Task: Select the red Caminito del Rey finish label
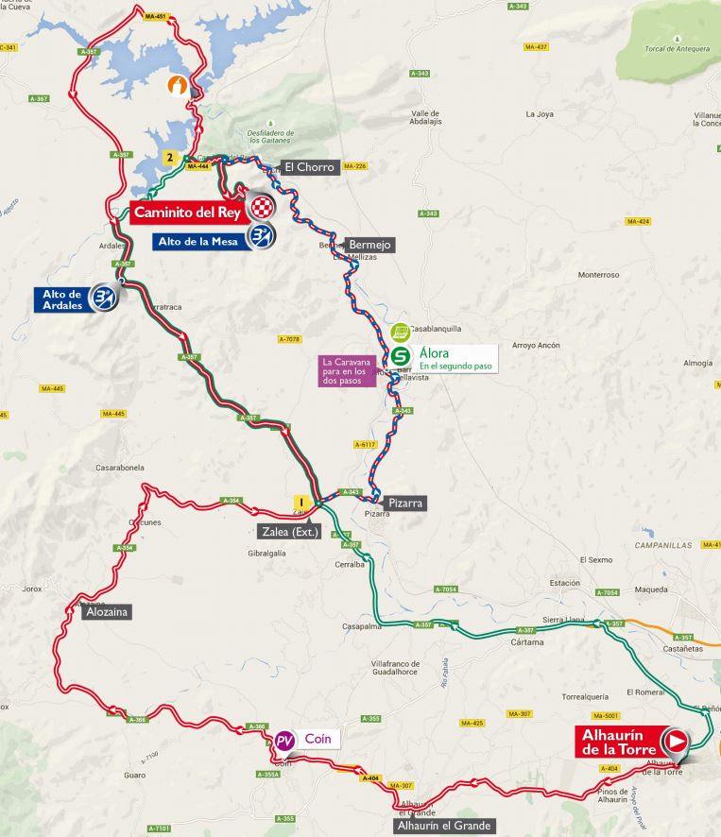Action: (x=187, y=211)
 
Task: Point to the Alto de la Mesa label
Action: (x=197, y=240)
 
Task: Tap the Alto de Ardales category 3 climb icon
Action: (x=102, y=299)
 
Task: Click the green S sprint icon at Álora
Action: (x=400, y=356)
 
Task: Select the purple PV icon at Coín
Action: (x=284, y=740)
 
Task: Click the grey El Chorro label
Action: (x=309, y=167)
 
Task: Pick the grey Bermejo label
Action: (x=369, y=245)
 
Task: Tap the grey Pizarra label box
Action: (x=405, y=503)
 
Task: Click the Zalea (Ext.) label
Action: (x=289, y=531)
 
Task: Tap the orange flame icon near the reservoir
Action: (x=177, y=85)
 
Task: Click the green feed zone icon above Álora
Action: (x=400, y=332)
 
